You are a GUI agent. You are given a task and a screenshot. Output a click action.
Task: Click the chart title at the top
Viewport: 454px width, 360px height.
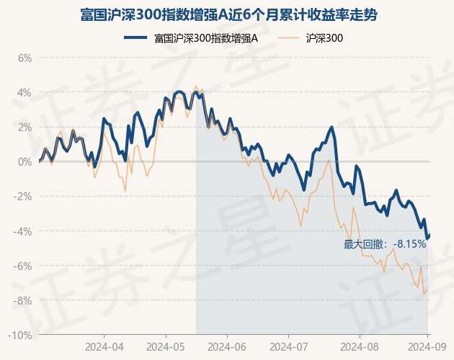(227, 14)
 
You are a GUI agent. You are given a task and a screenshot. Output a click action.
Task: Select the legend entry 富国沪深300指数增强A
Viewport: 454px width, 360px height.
(206, 37)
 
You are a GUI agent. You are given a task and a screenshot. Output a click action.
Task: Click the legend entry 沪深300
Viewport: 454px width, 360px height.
(324, 37)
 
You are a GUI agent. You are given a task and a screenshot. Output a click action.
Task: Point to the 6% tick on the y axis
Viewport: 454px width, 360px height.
(25, 58)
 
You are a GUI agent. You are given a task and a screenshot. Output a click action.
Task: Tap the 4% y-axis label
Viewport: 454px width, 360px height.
(25, 92)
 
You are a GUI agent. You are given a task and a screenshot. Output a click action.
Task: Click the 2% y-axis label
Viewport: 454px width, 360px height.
(25, 127)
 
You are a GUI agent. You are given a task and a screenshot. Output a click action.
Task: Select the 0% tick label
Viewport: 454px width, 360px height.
(25, 161)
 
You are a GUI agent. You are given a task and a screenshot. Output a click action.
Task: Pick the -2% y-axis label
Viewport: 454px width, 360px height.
(23, 197)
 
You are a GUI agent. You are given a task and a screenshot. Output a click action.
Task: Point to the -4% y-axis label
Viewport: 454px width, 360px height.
(23, 231)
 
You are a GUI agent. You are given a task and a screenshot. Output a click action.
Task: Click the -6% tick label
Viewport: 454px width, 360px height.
(23, 266)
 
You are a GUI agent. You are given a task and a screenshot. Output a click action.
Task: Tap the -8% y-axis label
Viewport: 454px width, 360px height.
(23, 300)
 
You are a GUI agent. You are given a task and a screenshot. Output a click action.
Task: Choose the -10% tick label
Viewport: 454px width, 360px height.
(21, 335)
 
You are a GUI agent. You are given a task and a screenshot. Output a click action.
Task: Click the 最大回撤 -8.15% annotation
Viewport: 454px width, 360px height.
(385, 244)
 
